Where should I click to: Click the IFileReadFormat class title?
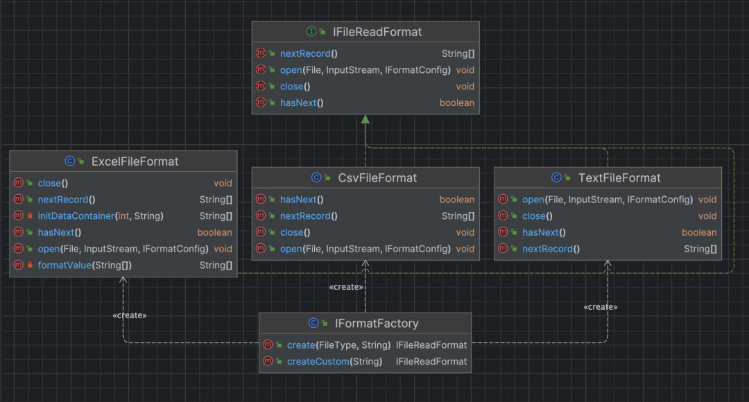[x=377, y=32]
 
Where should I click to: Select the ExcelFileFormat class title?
[x=135, y=161]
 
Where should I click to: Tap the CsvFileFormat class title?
[x=377, y=177]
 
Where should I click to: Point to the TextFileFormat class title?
[x=619, y=177]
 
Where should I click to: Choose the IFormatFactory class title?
[x=377, y=323]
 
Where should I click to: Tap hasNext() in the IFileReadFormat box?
[x=302, y=103]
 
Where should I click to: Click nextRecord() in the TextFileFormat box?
[x=551, y=249]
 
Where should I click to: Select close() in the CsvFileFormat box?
[x=295, y=232]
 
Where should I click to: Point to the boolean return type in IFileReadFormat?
[x=456, y=103]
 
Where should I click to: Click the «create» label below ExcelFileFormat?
[x=130, y=315]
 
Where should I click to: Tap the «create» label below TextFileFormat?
[x=601, y=307]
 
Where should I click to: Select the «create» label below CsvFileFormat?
[x=346, y=287]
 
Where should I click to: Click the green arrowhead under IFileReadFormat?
[x=365, y=119]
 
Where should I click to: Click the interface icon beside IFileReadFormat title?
[x=311, y=31]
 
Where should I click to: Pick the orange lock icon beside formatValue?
[x=30, y=265]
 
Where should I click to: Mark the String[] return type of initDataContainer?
[x=216, y=216]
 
